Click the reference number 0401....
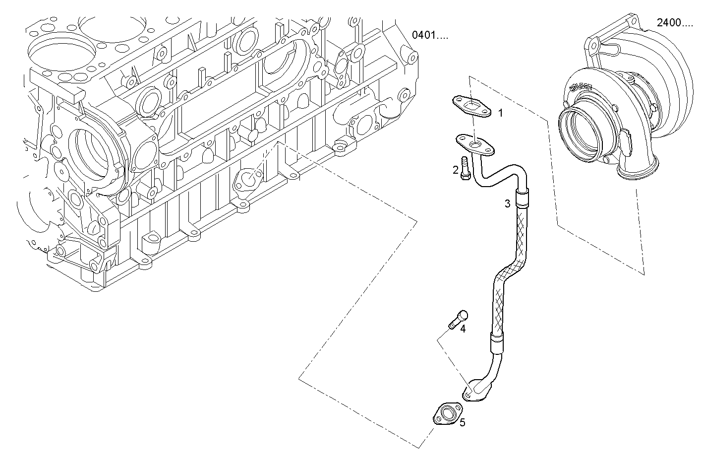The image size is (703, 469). pyautogui.click(x=429, y=35)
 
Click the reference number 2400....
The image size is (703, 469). pyautogui.click(x=674, y=22)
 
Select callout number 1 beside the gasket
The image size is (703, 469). pyautogui.click(x=500, y=113)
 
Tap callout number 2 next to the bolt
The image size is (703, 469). pyautogui.click(x=455, y=170)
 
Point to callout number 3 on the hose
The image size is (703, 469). pyautogui.click(x=507, y=203)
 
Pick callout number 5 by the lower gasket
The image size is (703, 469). pyautogui.click(x=462, y=422)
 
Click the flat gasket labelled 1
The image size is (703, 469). pyautogui.click(x=471, y=106)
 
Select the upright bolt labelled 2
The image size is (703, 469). pyautogui.click(x=465, y=169)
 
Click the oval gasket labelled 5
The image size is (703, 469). pyautogui.click(x=447, y=415)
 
